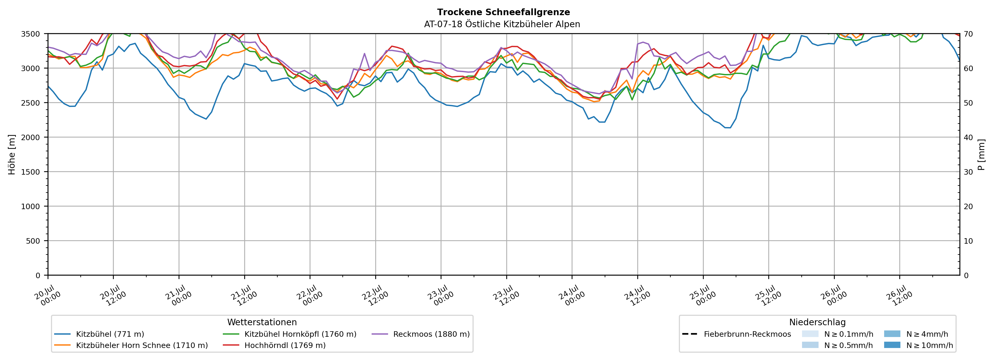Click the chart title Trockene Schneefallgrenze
coord(503,12)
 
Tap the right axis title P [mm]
coord(981,154)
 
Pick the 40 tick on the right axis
coord(968,137)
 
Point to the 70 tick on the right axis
coord(968,34)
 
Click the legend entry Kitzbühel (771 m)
coord(110,334)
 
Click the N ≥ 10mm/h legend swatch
coord(892,345)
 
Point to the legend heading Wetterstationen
coord(262,322)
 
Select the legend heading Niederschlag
coord(817,322)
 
